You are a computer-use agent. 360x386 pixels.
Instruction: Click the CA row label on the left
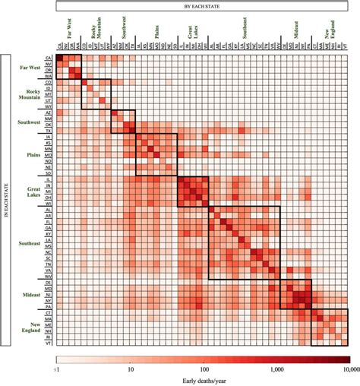49,58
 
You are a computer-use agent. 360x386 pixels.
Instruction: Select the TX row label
49,131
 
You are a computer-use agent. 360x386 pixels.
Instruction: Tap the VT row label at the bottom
49,343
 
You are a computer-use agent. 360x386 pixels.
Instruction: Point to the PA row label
49,307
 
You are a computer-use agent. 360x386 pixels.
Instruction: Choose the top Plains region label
151,35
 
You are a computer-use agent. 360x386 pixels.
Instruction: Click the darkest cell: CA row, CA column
58,58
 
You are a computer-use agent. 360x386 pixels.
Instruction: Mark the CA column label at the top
58,46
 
